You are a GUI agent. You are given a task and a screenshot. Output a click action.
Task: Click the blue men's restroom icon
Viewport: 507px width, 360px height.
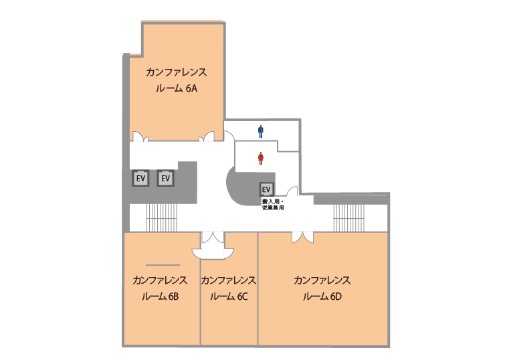point(261,132)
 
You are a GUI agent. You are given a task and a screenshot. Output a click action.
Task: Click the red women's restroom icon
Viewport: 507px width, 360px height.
point(261,159)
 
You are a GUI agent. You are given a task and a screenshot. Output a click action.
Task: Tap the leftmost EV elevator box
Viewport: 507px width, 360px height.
point(140,178)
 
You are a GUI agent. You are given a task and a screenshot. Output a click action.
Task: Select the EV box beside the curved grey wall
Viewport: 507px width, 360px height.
point(266,189)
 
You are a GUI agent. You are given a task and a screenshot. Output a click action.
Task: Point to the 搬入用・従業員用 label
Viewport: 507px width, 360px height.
point(273,205)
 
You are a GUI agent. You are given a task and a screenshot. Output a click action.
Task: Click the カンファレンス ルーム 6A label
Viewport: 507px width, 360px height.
point(176,80)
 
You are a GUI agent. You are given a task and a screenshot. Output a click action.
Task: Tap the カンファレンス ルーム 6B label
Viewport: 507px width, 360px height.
point(160,288)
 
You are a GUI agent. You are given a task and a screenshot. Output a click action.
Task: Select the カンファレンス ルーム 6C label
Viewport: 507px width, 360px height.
point(229,288)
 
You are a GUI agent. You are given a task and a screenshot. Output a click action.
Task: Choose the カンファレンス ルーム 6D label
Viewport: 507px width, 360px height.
point(322,288)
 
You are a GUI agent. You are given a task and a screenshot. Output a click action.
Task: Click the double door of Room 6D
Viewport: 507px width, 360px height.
point(302,237)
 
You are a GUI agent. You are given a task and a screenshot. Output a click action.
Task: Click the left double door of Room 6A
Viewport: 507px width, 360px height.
point(140,137)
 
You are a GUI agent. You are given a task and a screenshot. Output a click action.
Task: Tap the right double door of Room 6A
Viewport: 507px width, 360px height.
point(207,137)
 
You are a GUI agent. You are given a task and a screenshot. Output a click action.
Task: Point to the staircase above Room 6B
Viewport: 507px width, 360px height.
point(162,217)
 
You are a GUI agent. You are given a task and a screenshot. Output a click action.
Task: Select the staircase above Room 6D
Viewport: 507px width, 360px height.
point(349,217)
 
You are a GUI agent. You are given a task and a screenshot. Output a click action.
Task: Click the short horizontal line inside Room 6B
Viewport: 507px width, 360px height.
point(163,265)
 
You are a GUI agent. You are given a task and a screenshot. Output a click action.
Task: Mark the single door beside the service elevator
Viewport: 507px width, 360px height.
point(292,191)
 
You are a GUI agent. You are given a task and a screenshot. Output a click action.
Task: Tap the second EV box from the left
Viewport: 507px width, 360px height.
point(166,178)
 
